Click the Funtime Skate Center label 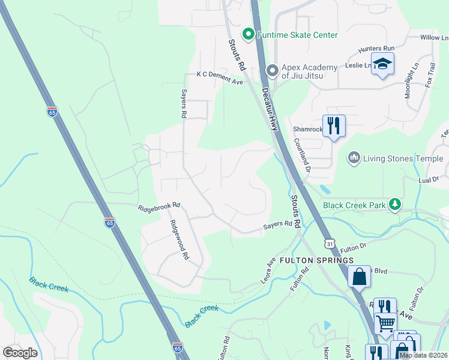tap(297, 35)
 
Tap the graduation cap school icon tap(382, 64)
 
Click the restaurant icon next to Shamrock tap(334, 126)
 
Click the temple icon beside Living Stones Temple tap(354, 158)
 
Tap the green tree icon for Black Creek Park tap(395, 205)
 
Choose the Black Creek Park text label tap(354, 205)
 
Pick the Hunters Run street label tap(376, 48)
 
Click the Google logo tap(20, 352)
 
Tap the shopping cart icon tap(385, 323)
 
